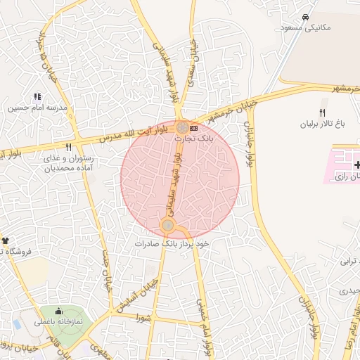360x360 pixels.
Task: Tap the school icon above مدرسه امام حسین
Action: [37, 96]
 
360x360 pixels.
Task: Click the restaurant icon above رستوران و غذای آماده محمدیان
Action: [68, 148]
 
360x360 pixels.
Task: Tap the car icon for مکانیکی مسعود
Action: [304, 16]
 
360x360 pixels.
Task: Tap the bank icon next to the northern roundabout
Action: [194, 128]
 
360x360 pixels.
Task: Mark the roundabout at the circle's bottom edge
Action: [168, 225]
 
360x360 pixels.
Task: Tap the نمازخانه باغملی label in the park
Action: [59, 321]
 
